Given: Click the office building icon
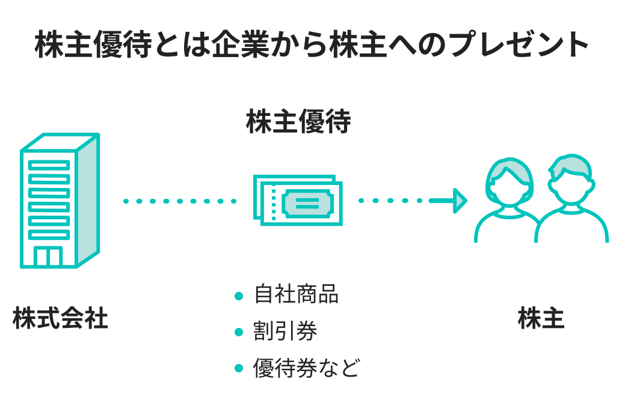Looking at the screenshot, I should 60,201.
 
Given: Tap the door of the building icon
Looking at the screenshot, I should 49,256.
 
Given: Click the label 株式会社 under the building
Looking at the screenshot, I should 60,319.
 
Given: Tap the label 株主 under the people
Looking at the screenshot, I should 541,319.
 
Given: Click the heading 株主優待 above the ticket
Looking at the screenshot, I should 298,122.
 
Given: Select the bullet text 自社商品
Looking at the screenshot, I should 296,295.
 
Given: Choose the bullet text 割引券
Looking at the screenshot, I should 285,331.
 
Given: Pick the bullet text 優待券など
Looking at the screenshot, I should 306,368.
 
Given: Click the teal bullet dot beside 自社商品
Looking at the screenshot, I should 239,295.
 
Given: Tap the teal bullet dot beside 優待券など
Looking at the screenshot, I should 239,368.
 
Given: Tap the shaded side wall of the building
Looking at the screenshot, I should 88,201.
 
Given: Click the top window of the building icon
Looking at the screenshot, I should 49,165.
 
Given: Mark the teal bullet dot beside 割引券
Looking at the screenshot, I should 239,332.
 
